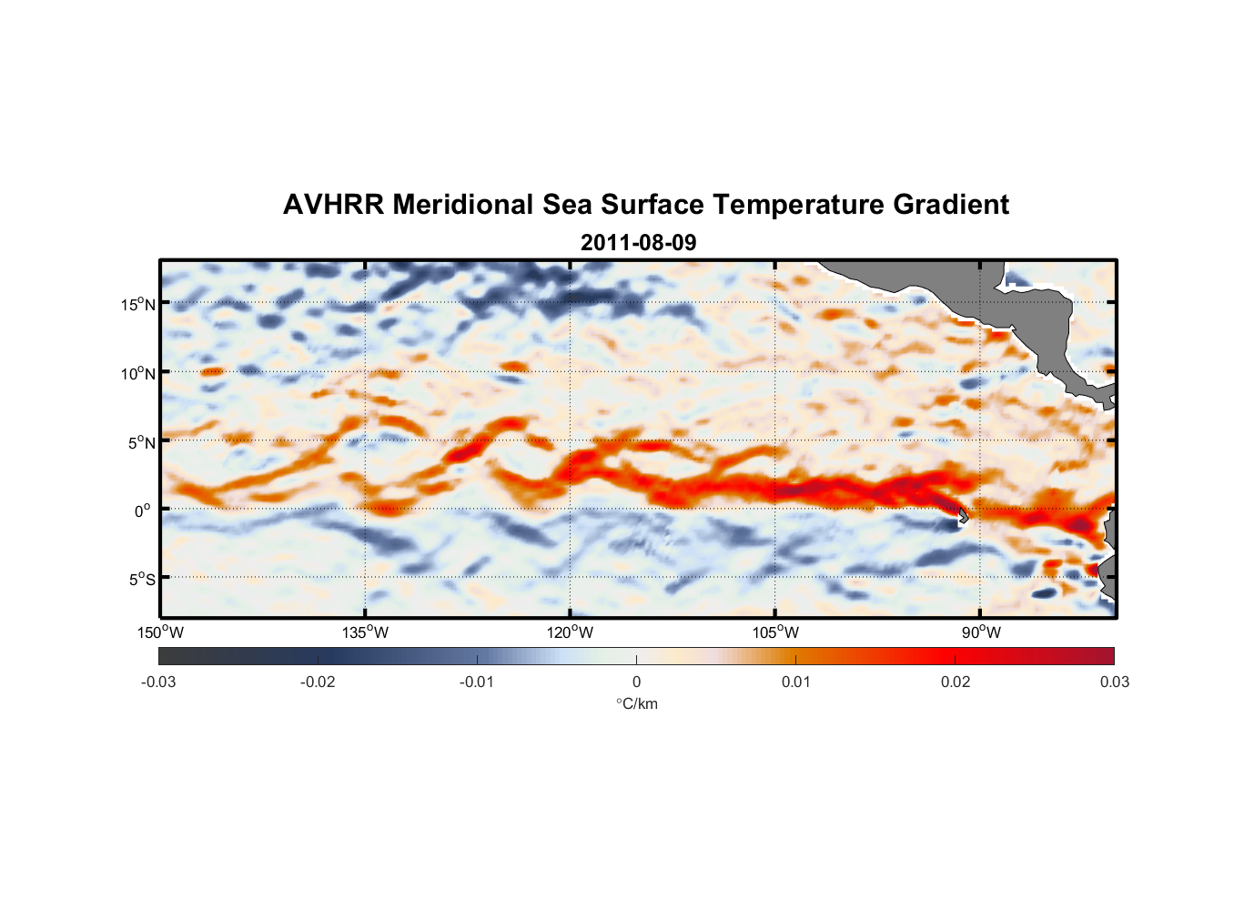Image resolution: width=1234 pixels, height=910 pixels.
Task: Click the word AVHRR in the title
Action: pos(333,205)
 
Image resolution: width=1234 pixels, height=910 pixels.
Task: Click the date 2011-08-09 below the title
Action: pos(638,243)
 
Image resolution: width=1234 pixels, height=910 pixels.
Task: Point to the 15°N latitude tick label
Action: pos(138,304)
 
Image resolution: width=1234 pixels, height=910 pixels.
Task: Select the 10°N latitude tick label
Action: pos(138,373)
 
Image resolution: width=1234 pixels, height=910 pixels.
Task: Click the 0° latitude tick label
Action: pos(143,511)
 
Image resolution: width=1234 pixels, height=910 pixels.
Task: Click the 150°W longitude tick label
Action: pos(160,632)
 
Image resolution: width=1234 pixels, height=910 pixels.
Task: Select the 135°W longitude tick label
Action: pos(365,632)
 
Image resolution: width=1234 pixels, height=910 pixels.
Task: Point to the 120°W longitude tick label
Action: pos(570,632)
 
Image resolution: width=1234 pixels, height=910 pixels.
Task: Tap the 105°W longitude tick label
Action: pos(775,632)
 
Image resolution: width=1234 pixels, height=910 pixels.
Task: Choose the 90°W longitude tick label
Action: pos(981,632)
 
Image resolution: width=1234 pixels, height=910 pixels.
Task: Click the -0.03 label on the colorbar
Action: pos(158,682)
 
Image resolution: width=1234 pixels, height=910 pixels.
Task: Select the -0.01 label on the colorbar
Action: pos(477,682)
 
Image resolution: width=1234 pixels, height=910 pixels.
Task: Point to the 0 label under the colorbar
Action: pos(636,682)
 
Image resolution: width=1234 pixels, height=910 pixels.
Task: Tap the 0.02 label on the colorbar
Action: pos(956,682)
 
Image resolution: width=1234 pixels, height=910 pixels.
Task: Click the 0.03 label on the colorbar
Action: pos(1114,682)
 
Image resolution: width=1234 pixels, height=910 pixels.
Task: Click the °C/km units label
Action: pos(636,704)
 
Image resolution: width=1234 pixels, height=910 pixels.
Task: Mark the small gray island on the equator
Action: pos(963,516)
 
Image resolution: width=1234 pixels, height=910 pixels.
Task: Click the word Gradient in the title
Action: pos(951,205)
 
